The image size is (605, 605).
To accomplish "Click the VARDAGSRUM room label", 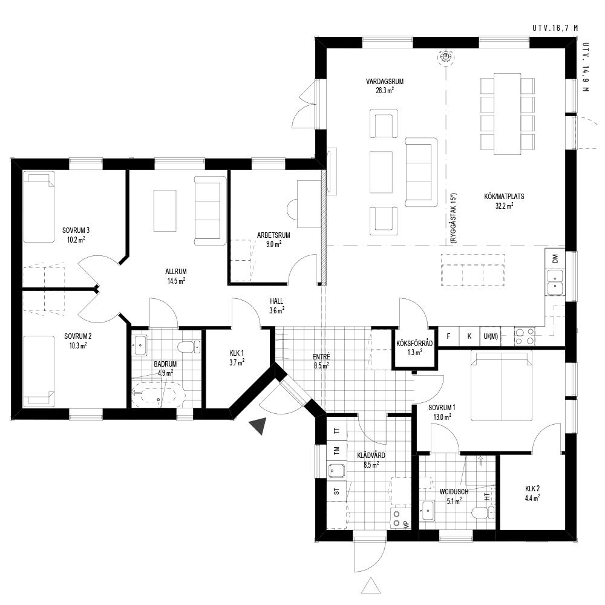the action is point(379,82).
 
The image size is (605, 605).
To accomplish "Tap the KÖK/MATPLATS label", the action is point(504,197).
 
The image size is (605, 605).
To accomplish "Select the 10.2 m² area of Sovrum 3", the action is point(76,240).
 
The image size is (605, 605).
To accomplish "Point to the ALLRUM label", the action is point(176,272).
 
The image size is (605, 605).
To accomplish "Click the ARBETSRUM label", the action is point(273,235).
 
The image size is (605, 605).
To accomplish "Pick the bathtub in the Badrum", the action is point(158,394).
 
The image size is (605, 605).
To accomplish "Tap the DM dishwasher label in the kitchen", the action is point(555,258).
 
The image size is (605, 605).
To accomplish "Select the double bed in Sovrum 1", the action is point(501,385).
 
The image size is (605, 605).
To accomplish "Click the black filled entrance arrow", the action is point(258,425).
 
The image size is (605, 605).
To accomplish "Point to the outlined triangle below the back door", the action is point(371,585).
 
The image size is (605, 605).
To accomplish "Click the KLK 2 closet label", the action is point(532,488).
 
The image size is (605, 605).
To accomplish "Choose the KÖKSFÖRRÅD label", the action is point(414,344).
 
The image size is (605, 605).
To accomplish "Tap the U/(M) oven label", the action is point(491,336).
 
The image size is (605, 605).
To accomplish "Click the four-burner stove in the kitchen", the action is point(525,336).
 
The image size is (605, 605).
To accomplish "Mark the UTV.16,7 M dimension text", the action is point(555,28).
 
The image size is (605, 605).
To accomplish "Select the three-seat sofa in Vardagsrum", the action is point(421,172).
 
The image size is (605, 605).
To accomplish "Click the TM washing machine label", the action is point(337,450).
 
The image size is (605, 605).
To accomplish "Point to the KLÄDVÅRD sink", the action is point(337,471).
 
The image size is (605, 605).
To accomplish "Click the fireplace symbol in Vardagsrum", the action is point(446,57).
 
